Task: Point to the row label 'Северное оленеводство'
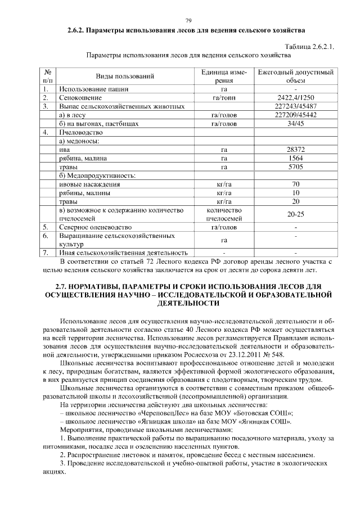95,227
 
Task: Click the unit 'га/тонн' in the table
224,98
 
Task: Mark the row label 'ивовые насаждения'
90,184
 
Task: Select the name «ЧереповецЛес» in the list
157,413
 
